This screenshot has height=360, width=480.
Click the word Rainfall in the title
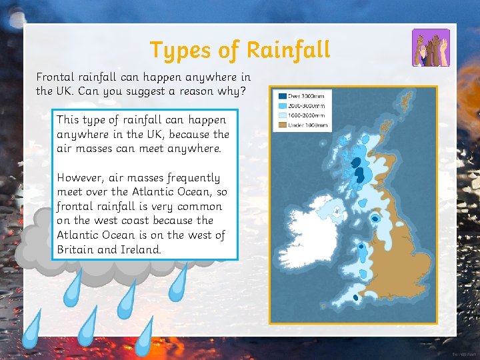click(288, 49)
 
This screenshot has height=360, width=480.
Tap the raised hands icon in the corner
click(431, 47)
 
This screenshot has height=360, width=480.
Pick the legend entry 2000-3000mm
click(305, 105)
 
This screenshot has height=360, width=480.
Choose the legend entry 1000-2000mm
click(305, 115)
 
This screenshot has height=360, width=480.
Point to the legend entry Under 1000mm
click(305, 125)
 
